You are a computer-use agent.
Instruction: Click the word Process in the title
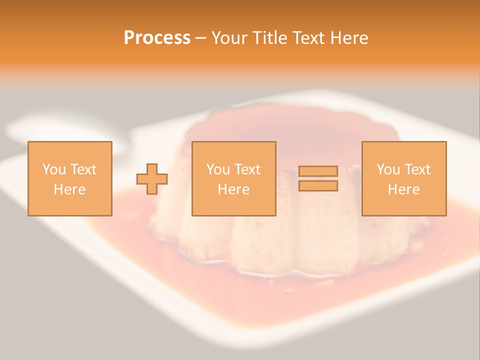coord(157,37)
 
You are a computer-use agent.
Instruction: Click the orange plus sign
coord(152,178)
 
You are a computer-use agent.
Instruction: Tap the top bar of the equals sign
coord(318,171)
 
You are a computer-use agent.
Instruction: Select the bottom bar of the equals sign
coord(318,185)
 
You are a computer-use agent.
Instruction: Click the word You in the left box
coord(54,169)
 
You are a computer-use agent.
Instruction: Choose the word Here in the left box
coord(69,189)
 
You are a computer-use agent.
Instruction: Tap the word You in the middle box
coord(218,169)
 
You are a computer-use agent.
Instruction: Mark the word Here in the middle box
coord(233,189)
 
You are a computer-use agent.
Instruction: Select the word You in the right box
coord(388,169)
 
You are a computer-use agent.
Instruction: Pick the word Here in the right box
coord(403,189)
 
